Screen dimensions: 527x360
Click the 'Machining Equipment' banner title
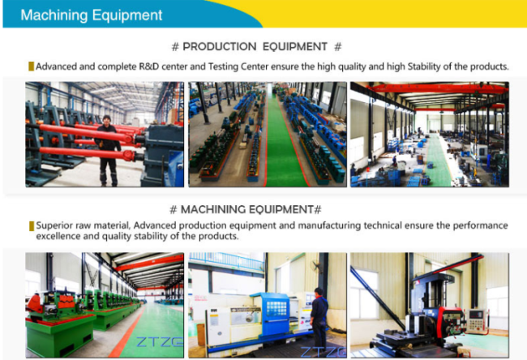click(x=92, y=15)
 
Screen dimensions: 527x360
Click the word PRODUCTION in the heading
click(x=220, y=47)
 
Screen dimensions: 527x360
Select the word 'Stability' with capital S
click(x=424, y=66)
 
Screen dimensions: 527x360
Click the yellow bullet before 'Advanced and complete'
click(x=32, y=66)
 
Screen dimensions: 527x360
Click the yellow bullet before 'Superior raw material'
click(x=32, y=226)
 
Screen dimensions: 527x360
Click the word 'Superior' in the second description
click(x=51, y=225)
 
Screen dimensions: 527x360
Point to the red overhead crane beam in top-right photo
click(x=437, y=88)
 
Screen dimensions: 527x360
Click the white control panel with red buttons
click(x=476, y=321)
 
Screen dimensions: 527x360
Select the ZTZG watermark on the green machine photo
click(x=160, y=342)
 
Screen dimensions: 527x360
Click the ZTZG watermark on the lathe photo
click(x=323, y=352)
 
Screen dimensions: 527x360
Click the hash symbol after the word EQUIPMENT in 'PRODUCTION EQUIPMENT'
click(x=338, y=47)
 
